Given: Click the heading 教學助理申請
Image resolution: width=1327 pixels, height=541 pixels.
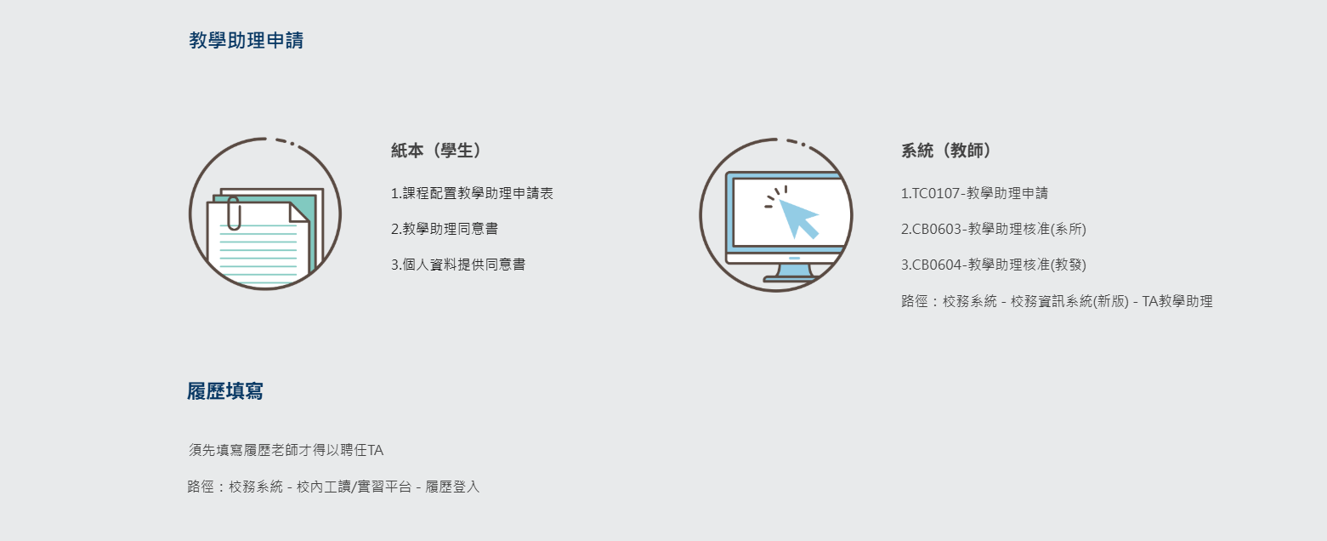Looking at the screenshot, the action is click(246, 40).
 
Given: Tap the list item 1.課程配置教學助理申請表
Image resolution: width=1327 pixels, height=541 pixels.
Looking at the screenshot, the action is click(472, 193).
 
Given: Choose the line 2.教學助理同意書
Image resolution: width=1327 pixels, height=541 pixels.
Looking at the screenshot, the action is click(445, 229).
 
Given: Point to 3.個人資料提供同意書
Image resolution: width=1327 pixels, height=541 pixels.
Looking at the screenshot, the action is click(458, 265).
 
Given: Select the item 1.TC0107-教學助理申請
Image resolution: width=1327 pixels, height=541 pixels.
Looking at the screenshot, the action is click(974, 193).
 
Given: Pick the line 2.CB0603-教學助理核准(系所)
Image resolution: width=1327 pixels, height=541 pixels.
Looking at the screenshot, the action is click(994, 229).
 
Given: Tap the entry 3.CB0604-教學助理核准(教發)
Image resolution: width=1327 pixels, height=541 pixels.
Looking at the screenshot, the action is click(994, 265).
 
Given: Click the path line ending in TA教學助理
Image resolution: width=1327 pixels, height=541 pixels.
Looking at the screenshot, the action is click(1057, 301).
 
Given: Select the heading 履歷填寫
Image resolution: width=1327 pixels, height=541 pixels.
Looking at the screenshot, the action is click(225, 391).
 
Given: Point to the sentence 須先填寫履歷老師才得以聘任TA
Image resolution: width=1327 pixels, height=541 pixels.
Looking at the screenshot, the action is click(286, 450).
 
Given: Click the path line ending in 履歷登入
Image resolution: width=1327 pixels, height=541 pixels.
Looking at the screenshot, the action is click(333, 487).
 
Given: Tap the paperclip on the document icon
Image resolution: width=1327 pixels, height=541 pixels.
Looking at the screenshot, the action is click(234, 214).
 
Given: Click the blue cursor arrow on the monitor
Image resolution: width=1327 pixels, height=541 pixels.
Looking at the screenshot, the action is click(798, 218).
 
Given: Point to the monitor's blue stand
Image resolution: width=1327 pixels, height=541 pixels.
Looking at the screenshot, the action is click(794, 272).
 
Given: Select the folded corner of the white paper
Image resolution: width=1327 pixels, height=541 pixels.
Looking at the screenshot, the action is click(299, 213).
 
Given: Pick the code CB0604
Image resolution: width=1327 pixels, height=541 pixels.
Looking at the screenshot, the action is click(937, 265).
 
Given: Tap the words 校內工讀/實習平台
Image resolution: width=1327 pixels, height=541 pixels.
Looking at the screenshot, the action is click(354, 487).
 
